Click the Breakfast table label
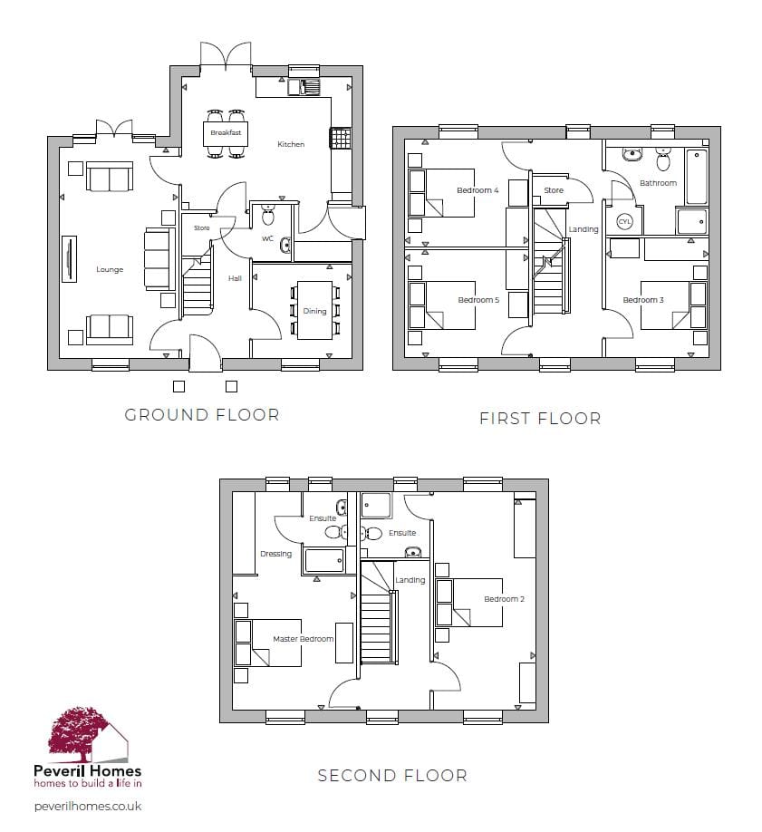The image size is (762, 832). point(226,132)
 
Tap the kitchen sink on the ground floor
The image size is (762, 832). point(304,87)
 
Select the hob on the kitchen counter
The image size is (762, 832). point(340,138)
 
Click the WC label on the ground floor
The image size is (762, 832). point(267,238)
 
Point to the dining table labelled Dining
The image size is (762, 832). point(314,310)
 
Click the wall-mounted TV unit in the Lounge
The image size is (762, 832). point(70,258)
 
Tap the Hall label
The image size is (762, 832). point(235,278)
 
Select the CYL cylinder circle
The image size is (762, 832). point(624,222)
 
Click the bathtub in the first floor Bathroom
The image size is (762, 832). point(696,178)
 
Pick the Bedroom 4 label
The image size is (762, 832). point(477,190)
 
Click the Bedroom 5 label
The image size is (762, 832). point(478,300)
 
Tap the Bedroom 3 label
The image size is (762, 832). point(643,300)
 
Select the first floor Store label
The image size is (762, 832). point(554,190)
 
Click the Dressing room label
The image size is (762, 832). point(276,554)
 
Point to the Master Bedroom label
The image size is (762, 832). point(303,639)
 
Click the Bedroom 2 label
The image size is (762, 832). point(504,599)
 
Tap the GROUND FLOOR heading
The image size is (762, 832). point(202,415)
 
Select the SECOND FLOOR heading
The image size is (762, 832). point(392,776)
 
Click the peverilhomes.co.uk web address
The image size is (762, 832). point(88,807)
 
